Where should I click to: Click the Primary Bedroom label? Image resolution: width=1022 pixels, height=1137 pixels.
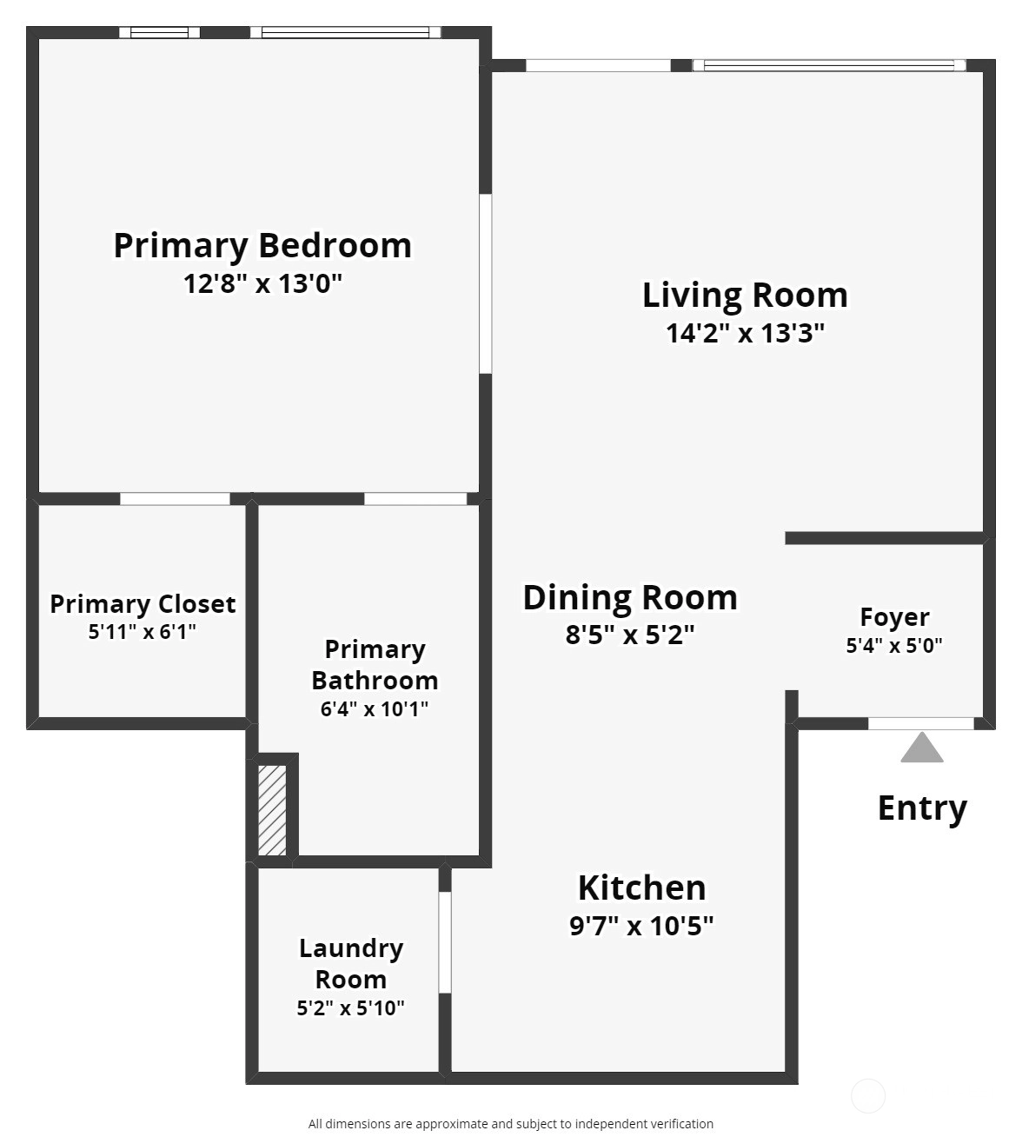point(262,246)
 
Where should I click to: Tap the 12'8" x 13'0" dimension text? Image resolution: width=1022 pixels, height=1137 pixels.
point(262,283)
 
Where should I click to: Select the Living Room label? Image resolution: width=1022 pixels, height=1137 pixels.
point(745,296)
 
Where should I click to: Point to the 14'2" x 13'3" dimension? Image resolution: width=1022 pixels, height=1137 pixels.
point(745,333)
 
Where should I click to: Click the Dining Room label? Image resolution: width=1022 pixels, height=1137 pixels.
point(630,598)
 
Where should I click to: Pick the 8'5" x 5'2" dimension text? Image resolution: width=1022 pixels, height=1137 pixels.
point(630,635)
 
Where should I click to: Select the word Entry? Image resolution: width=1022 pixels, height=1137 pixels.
point(922,808)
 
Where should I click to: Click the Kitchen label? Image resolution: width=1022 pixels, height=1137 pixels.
point(641,888)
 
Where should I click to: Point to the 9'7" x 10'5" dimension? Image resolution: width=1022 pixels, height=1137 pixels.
point(641,926)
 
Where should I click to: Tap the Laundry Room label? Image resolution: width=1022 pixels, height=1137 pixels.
point(351,963)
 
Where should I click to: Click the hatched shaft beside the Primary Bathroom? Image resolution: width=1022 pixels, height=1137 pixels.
point(272,810)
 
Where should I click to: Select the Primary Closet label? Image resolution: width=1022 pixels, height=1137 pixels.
point(143,604)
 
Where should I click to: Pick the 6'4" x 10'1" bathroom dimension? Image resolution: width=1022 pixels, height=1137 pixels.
point(374,709)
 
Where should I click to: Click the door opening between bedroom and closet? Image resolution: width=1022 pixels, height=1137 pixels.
point(175,499)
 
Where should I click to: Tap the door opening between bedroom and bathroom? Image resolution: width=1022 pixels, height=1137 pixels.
point(415,499)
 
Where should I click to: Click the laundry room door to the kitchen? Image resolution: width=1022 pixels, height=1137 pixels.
point(445,942)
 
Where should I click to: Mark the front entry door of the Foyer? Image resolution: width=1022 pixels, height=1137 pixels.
point(921,724)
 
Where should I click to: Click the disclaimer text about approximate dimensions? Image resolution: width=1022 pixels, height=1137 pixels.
point(511,1124)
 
